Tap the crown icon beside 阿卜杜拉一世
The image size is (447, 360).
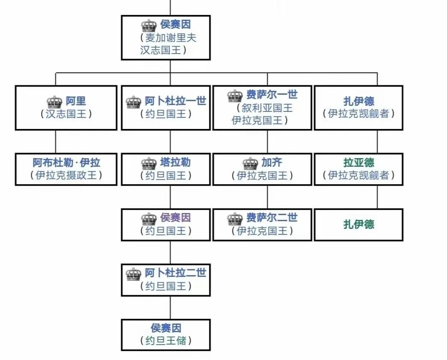coord(134,102)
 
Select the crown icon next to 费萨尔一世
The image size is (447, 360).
coord(235,95)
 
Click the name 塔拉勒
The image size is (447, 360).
coord(175,163)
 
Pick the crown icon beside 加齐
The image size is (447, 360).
coord(250,163)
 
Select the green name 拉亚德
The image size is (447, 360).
coord(359,163)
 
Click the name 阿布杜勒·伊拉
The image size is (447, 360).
coord(66,163)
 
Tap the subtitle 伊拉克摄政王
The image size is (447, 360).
coord(66,175)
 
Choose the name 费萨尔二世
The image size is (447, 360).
coord(272,218)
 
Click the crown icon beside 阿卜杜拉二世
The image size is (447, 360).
coord(134,273)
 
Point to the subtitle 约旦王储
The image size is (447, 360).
coord(166,341)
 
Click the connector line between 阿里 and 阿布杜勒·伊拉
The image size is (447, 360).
coord(56,141)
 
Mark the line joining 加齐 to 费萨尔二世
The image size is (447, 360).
coord(268,197)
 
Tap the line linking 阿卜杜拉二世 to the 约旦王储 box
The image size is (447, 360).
coord(170,307)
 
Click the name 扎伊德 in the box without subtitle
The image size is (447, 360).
coord(359,224)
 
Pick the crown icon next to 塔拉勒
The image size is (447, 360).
coord(149,163)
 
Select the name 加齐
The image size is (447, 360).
coord(272,163)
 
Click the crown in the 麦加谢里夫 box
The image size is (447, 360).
coord(149,25)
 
